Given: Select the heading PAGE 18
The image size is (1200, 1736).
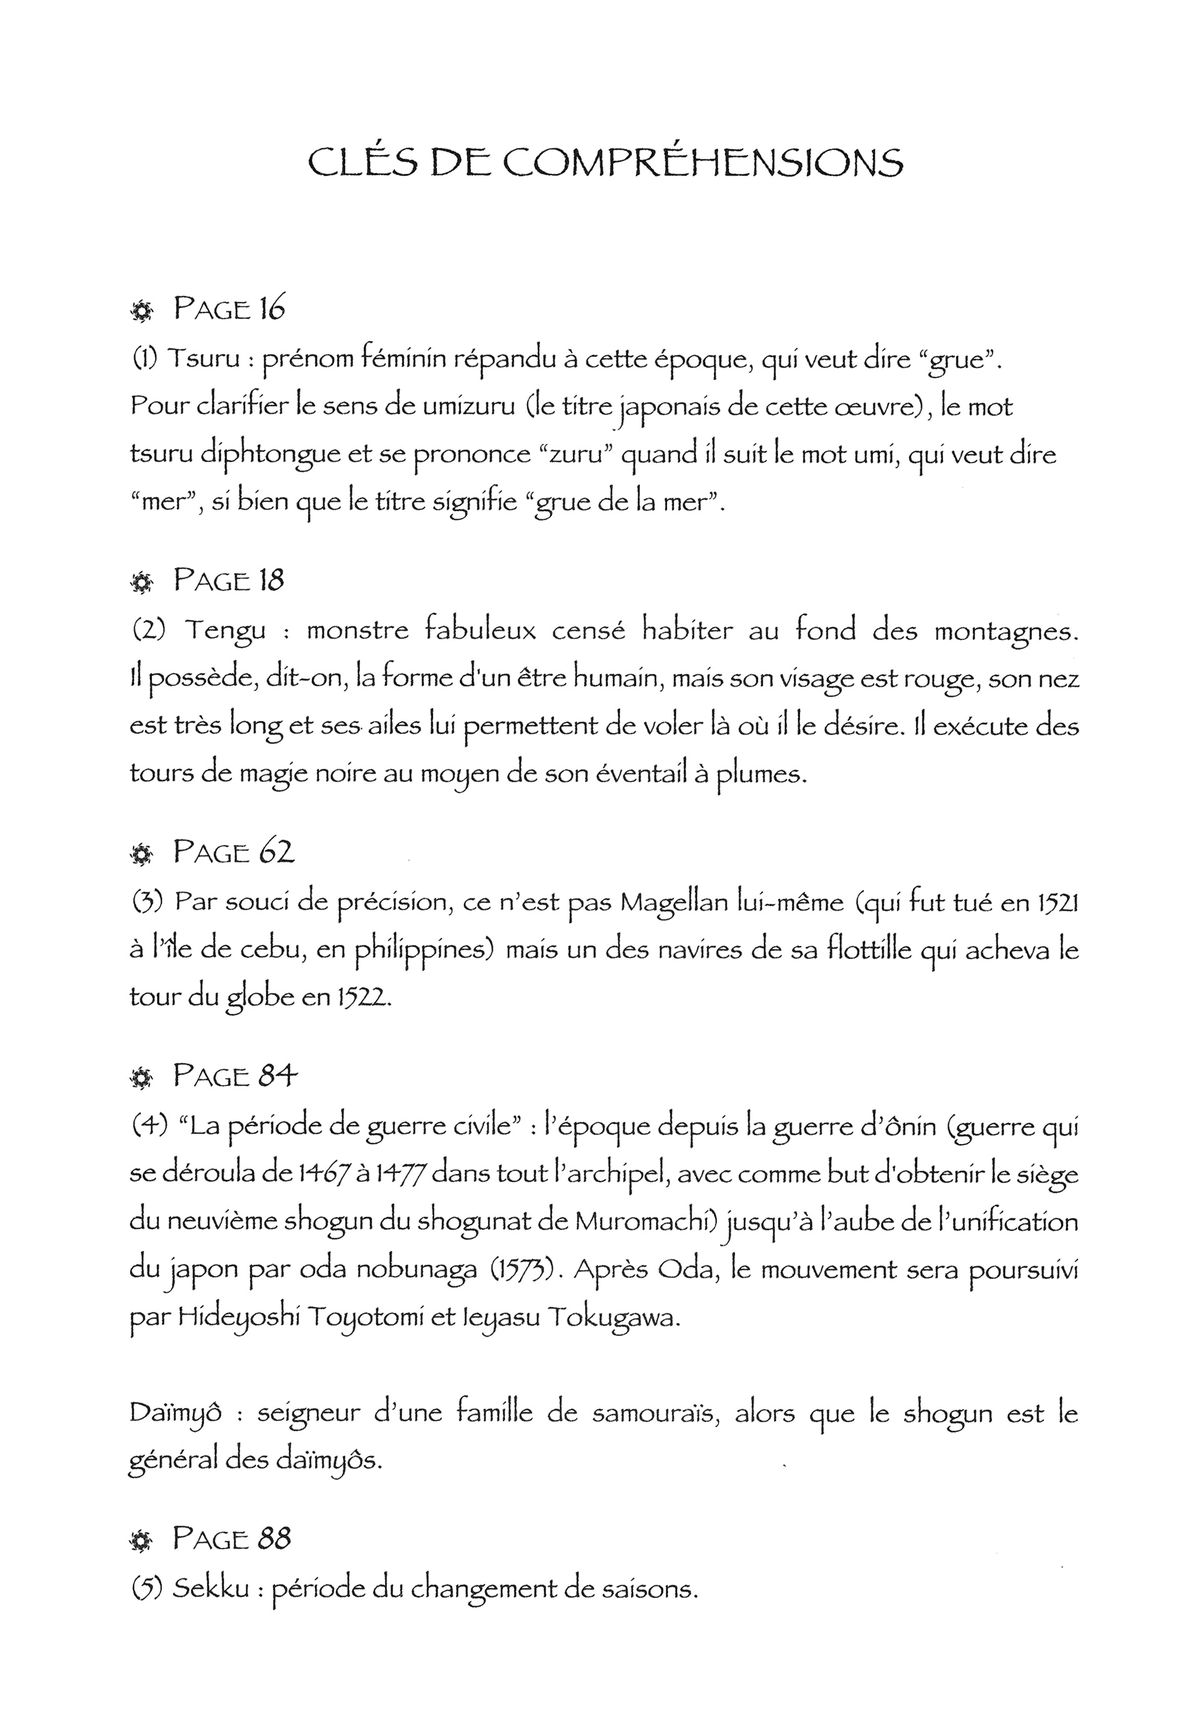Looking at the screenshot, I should point(229,580).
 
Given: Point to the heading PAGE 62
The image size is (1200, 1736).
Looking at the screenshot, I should point(232,852).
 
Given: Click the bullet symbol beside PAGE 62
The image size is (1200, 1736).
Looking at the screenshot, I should point(140,855).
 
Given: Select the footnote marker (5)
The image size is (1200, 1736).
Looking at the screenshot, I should point(146,1589).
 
